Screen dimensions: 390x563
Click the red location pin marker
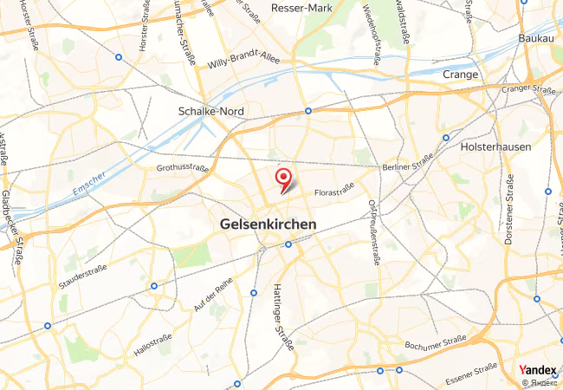tap(283, 179)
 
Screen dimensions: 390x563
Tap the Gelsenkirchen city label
tap(268, 224)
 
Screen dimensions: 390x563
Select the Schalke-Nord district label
tap(210, 112)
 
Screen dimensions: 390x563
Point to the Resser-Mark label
tap(302, 8)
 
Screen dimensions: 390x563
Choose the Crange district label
tap(460, 75)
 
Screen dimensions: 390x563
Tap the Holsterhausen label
tap(496, 146)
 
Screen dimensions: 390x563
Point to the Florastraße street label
tap(335, 188)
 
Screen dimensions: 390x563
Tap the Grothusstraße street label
tap(183, 166)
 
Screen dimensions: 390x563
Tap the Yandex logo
tap(537, 368)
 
